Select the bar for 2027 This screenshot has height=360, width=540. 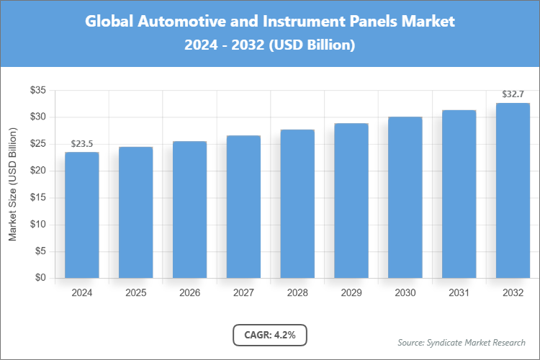243,207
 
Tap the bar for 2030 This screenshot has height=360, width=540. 405,197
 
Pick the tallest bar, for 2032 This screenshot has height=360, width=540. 513,190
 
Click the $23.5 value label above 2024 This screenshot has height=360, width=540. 82,144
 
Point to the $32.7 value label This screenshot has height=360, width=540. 513,94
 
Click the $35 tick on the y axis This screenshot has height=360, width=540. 37,90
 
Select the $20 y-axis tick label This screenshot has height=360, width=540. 37,171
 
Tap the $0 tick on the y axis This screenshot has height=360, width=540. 40,278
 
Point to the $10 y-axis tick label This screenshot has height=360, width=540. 37,225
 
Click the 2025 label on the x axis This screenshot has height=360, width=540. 136,293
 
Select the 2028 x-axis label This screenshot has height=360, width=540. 297,293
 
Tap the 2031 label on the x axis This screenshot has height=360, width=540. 459,293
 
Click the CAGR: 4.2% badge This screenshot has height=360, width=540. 270,335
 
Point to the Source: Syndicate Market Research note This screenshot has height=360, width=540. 462,342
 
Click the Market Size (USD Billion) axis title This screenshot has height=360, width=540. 12,184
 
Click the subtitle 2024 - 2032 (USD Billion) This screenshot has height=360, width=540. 270,45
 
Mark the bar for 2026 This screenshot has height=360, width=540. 190,210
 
